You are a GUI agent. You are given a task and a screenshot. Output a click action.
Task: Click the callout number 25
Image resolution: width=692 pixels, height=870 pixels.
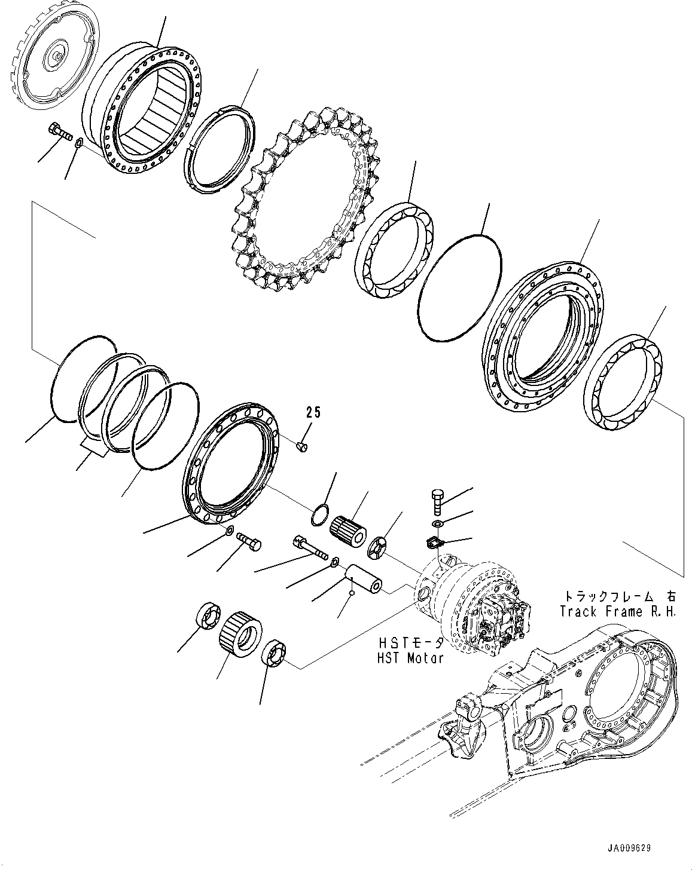click(x=313, y=412)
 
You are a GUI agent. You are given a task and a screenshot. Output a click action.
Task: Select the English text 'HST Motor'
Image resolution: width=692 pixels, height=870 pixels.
click(x=411, y=658)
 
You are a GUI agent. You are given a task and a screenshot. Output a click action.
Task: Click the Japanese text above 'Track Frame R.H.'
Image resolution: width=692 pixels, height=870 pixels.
click(x=618, y=596)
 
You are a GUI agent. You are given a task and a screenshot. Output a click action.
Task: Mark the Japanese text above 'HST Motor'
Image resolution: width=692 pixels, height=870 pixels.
click(x=411, y=643)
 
